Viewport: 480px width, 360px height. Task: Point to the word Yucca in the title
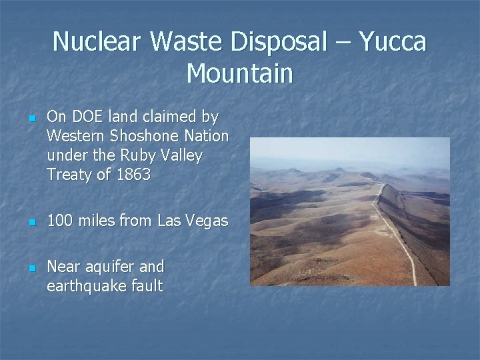click(x=393, y=41)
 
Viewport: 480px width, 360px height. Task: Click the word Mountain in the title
click(x=239, y=73)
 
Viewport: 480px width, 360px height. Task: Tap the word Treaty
click(x=69, y=175)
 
